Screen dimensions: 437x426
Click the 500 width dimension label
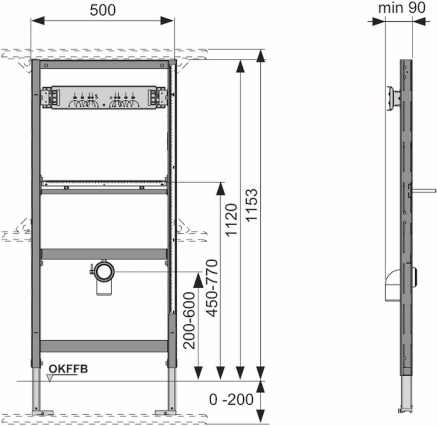coord(103,10)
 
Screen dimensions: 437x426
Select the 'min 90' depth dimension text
coord(402,8)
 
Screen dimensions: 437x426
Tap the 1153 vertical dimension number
coord(251,206)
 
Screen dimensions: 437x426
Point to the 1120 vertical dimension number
coord(231,220)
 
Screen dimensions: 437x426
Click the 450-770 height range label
coord(212,288)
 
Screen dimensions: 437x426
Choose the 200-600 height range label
coord(189,321)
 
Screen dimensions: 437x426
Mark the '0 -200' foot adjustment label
coord(231,399)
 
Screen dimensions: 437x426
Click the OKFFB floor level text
coord(68,369)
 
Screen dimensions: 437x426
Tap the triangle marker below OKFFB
coord(50,378)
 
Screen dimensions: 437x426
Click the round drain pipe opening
coord(104,272)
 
